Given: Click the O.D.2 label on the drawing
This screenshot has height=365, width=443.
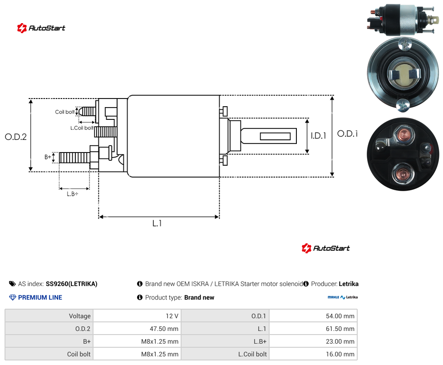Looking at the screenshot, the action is click(16, 137).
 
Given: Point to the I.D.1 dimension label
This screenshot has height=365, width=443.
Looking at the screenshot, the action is click(319, 136).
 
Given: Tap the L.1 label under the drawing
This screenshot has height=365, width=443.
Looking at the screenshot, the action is click(157, 223).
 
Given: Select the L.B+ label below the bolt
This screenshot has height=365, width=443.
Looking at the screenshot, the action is click(73, 194).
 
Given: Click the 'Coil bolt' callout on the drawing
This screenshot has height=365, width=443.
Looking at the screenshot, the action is click(65, 112).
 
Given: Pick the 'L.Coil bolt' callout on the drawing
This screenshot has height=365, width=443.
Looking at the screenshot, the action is click(82, 128).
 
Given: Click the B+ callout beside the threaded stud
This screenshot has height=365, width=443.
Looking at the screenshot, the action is click(48, 157).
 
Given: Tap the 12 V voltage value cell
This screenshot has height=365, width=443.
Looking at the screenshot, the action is click(138, 316).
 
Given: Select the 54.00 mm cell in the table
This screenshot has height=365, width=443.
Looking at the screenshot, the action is click(313, 316).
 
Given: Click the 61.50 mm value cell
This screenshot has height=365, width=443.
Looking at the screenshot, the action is click(313, 329).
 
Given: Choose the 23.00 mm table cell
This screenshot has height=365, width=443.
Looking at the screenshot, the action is click(313, 341).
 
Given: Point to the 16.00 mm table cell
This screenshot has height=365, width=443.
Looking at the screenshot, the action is click(313, 354).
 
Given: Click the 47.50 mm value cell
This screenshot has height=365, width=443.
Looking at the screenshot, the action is click(138, 329).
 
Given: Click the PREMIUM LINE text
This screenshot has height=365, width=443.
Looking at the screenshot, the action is click(40, 297).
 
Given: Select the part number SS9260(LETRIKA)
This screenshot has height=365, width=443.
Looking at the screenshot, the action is click(71, 284).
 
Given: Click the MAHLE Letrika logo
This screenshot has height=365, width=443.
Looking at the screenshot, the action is click(343, 297).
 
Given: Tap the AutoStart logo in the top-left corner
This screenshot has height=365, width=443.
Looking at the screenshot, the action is click(41, 28).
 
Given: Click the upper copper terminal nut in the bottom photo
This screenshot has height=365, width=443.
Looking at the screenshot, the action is click(403, 135).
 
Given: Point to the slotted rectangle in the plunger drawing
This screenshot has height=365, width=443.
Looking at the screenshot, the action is click(275, 137).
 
